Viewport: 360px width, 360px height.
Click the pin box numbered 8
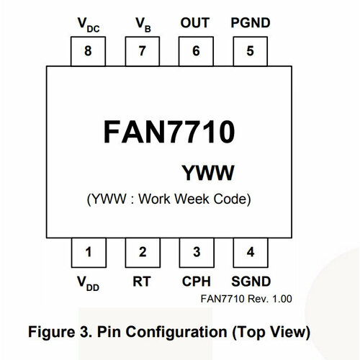click(x=88, y=51)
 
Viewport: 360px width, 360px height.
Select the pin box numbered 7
click(x=142, y=51)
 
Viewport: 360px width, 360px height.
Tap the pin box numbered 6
click(x=196, y=51)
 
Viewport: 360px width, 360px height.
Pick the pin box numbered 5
click(x=250, y=51)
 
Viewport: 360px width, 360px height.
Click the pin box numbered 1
click(x=88, y=251)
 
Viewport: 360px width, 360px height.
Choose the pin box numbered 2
click(x=142, y=251)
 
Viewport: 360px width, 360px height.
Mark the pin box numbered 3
click(x=196, y=251)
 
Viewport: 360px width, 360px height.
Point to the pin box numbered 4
click(x=250, y=251)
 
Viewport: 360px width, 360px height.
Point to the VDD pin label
click(x=88, y=284)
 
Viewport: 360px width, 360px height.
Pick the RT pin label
click(x=142, y=282)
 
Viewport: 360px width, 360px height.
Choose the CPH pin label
click(x=196, y=282)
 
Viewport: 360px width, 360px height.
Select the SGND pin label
click(x=250, y=282)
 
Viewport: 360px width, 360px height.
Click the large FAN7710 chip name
click(x=168, y=133)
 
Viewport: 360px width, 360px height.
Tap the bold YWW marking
click(x=208, y=173)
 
